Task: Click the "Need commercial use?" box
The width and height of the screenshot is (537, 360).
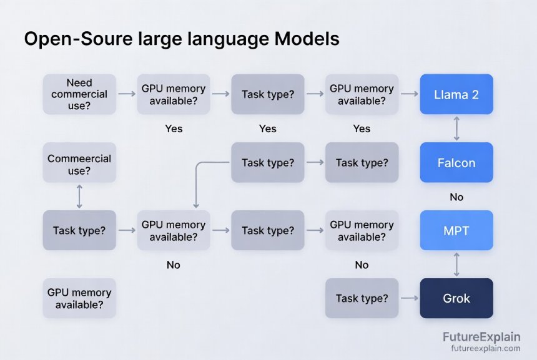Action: point(79,94)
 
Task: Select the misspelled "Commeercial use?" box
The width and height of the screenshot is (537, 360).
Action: point(79,165)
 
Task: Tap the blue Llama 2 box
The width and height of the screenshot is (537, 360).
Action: point(456,94)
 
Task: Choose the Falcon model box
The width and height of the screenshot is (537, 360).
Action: point(456,163)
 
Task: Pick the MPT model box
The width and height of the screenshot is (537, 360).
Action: point(456,231)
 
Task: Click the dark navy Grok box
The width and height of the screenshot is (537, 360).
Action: point(456,298)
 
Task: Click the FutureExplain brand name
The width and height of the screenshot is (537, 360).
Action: point(481,338)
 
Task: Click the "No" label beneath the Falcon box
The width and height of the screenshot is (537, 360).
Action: point(456,197)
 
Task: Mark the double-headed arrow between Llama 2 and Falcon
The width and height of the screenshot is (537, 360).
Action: point(456,129)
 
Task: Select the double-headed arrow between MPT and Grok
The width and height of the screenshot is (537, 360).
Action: point(456,265)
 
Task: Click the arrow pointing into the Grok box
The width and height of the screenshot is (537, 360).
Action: point(409,299)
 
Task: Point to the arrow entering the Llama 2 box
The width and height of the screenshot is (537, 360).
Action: point(409,94)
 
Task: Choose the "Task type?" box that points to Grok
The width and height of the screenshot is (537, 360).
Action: point(362,299)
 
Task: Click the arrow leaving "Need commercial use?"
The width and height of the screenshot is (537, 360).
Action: point(127,94)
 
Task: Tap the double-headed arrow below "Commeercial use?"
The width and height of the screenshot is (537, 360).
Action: point(79,197)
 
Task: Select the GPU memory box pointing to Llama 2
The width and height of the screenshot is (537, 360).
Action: point(362,94)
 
